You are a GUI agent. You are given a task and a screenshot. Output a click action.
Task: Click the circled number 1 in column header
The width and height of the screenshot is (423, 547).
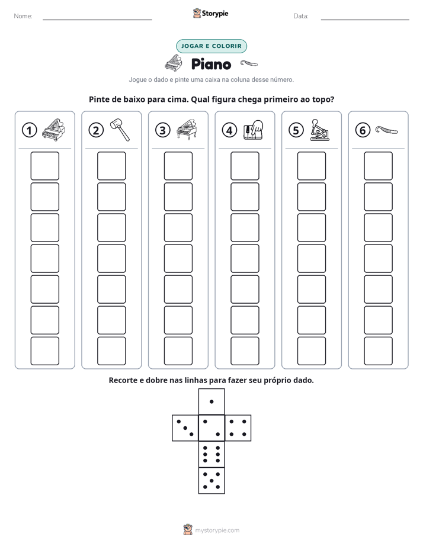[29, 130]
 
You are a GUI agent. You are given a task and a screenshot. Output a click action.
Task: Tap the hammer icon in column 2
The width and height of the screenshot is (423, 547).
[120, 130]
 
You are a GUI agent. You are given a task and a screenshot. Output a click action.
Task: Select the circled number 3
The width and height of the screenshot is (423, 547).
[163, 130]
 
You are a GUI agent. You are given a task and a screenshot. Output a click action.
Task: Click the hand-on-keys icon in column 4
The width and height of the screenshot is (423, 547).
[253, 130]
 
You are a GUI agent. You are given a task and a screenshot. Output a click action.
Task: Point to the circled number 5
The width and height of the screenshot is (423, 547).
[296, 130]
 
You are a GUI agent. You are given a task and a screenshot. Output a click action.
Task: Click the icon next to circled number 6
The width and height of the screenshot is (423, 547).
[387, 130]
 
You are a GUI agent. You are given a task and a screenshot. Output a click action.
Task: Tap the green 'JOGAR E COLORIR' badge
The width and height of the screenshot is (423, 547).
[211, 46]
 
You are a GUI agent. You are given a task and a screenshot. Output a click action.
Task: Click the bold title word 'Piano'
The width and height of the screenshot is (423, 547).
[211, 65]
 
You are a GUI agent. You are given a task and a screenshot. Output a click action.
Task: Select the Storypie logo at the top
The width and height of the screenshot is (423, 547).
[210, 14]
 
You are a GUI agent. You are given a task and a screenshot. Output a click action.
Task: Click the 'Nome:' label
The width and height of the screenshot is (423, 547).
[23, 16]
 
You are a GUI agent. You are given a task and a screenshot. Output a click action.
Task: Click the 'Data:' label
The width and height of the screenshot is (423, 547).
[301, 16]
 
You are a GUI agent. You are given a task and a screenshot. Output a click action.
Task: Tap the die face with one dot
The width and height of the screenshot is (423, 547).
[211, 401]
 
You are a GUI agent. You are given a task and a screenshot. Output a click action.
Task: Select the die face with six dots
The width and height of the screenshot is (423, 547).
[211, 454]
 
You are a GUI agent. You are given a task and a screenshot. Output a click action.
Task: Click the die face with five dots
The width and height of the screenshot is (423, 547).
[211, 481]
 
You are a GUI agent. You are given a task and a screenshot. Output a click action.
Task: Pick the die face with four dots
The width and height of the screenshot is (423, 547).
[238, 428]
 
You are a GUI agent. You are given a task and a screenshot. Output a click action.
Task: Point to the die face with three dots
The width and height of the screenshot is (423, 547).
[185, 428]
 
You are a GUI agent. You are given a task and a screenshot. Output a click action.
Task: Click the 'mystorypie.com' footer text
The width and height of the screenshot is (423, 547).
[217, 530]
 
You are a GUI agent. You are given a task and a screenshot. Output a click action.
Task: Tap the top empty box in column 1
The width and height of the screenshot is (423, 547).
[44, 166]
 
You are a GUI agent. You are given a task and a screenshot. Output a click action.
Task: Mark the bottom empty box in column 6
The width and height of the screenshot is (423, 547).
[379, 351]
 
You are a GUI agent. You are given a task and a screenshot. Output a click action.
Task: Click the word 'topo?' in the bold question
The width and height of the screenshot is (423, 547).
[323, 100]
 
